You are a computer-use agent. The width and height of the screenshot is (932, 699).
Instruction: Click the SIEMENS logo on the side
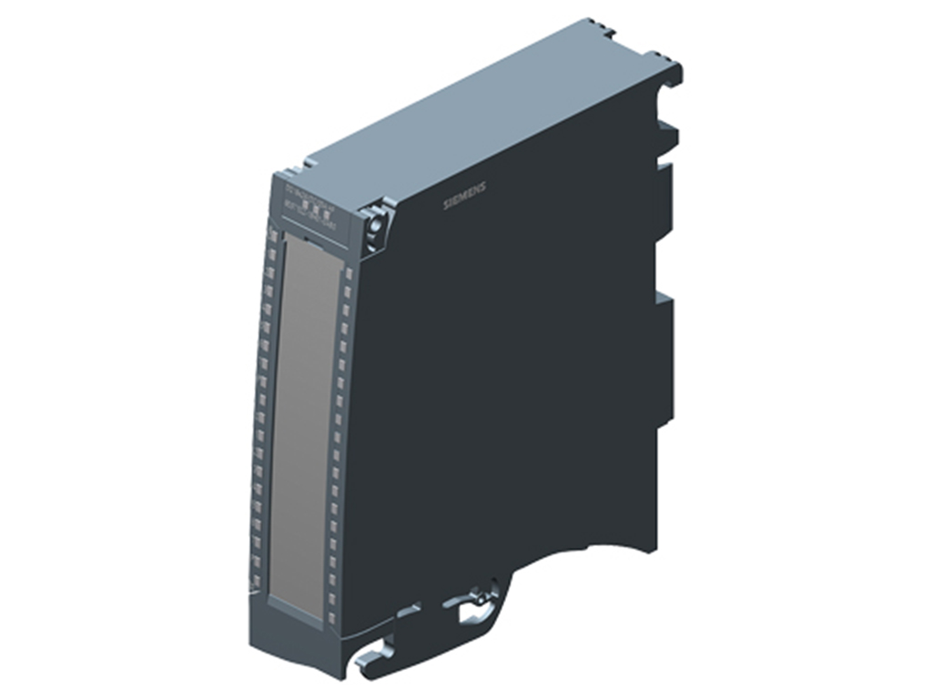464,196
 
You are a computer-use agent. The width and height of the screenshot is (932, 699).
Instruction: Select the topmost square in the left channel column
272,236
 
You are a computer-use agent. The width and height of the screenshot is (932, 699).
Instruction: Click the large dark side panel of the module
510,382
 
